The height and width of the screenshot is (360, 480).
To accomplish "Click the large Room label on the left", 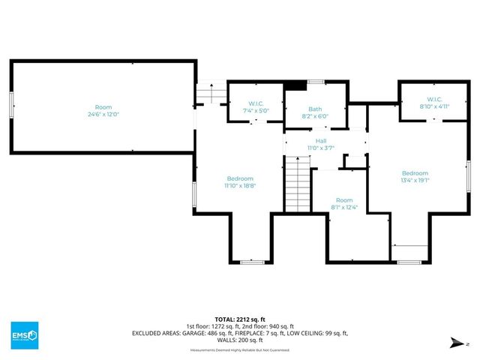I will (102, 106).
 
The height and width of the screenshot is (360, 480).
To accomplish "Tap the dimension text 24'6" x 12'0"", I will (102, 114).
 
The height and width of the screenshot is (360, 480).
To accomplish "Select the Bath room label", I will (314, 109).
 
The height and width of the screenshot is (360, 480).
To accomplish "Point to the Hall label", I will (320, 140).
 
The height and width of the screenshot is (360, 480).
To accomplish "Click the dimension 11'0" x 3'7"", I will (320, 148).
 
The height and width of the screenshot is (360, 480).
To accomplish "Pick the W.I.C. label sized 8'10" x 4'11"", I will (434, 100).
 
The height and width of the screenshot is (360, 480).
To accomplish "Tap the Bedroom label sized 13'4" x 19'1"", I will (414, 172).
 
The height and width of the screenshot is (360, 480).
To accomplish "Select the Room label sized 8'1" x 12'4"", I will (344, 200).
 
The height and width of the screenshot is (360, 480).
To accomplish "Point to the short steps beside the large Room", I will (209, 94).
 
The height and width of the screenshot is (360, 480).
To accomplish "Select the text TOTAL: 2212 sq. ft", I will (240, 319).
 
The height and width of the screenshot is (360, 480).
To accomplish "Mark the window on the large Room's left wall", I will (10, 104).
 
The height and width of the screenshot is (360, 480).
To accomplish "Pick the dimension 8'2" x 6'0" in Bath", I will (314, 116).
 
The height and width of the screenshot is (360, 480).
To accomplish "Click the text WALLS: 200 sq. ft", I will (240, 340).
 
